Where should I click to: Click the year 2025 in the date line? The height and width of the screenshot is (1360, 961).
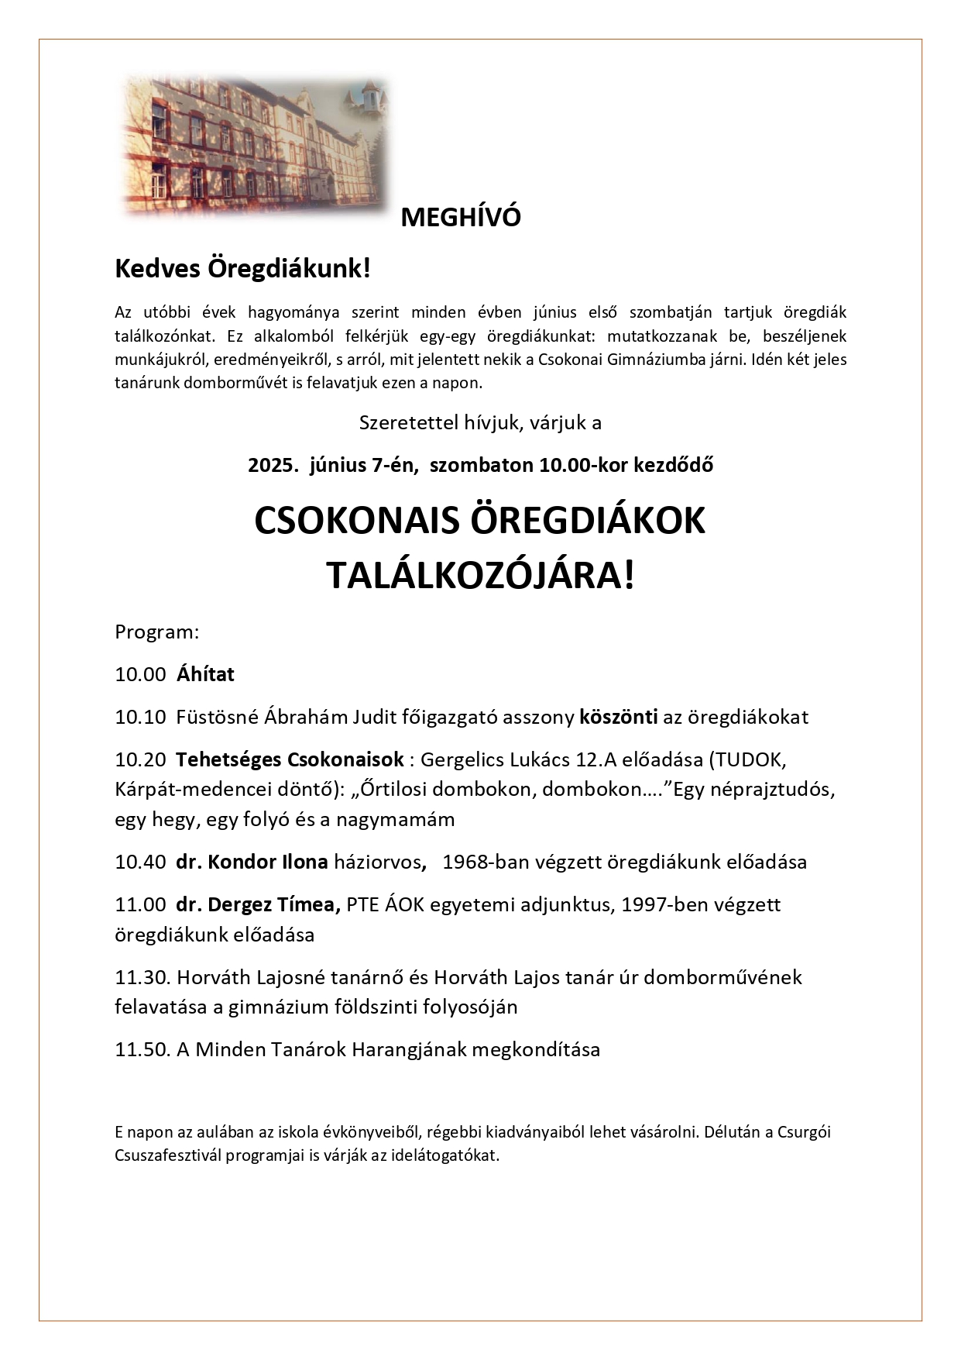tap(272, 466)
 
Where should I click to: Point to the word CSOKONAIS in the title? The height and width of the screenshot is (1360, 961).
tap(352, 521)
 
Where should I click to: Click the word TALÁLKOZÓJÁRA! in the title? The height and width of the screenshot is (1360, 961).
tap(479, 576)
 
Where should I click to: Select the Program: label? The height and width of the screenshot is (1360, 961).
tap(157, 632)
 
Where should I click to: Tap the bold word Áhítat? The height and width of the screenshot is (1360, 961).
tap(205, 674)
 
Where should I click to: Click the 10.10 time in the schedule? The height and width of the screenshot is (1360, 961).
tap(140, 717)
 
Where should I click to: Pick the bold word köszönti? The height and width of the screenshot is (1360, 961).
tap(619, 717)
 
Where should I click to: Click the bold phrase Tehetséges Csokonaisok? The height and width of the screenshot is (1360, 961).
tap(290, 759)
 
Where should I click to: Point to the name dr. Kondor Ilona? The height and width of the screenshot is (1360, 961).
tap(252, 862)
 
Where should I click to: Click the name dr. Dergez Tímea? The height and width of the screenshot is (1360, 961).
tap(258, 904)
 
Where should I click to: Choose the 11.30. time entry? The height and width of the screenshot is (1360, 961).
tap(142, 977)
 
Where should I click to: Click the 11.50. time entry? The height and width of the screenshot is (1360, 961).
tap(142, 1050)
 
